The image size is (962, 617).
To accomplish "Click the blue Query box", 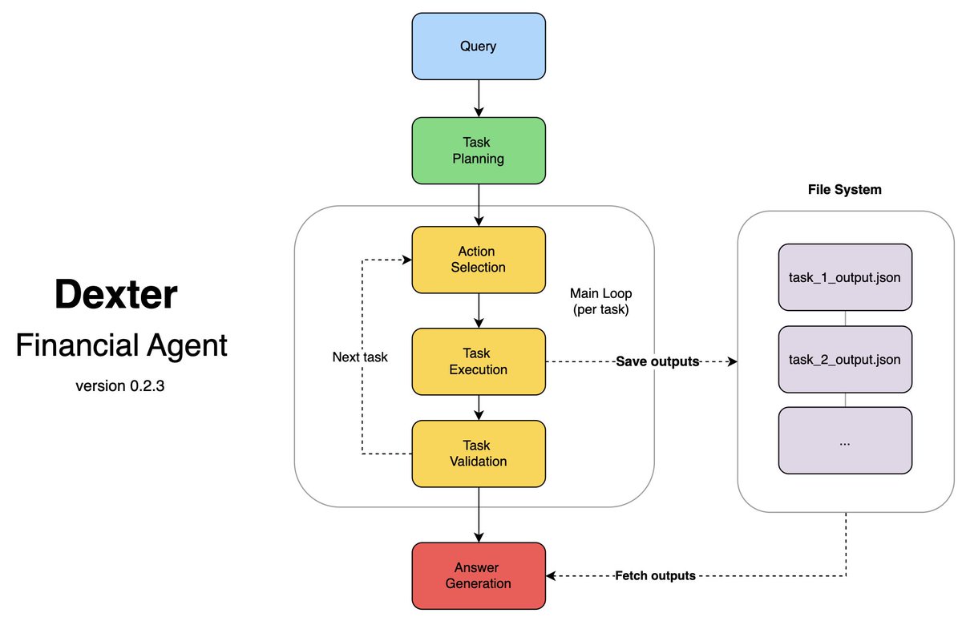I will click(479, 46).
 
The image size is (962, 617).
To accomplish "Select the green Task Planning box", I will click(479, 151).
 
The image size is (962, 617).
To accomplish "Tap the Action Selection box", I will click(479, 259).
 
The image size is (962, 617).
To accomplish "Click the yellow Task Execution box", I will click(479, 361).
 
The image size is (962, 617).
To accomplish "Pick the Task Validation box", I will click(479, 453).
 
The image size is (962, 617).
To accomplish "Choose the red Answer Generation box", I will click(479, 575).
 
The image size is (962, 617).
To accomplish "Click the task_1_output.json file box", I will click(844, 277).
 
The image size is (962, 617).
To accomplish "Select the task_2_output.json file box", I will click(844, 360).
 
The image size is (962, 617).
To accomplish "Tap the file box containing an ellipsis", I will click(844, 441).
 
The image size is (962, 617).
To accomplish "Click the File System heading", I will click(844, 190).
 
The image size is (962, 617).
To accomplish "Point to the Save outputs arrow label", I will click(657, 361).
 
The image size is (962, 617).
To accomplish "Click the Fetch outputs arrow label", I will click(656, 575).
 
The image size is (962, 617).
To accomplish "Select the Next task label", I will click(360, 357).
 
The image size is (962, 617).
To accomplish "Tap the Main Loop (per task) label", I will click(600, 301).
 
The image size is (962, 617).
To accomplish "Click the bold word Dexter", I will click(115, 295).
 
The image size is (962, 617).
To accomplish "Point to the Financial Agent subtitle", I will click(121, 345).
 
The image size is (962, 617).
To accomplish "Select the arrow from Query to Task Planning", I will click(479, 98).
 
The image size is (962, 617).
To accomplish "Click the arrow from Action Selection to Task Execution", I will click(479, 310).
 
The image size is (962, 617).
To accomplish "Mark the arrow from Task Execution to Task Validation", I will click(479, 408).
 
